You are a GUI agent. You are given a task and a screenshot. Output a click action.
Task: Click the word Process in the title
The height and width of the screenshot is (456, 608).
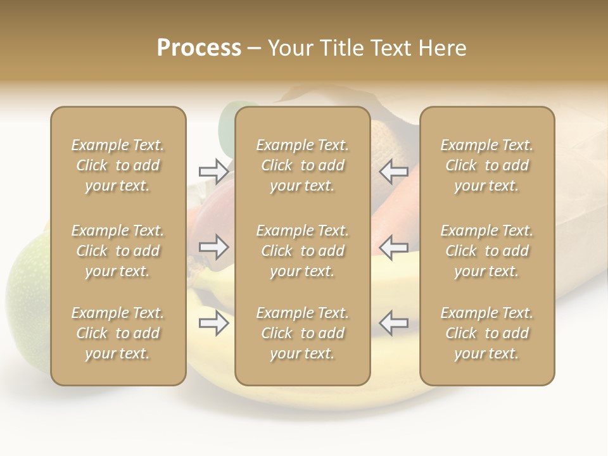199,48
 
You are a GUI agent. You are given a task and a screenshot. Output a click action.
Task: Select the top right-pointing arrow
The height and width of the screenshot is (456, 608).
214,171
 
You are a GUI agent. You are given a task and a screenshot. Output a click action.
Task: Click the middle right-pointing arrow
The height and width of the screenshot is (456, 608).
214,247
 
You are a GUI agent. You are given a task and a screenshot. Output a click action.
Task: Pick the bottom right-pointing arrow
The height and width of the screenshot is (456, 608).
214,324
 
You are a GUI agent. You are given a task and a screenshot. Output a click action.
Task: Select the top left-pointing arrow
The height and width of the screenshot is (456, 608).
394,171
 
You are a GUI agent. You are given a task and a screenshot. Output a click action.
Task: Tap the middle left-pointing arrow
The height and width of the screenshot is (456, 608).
394,247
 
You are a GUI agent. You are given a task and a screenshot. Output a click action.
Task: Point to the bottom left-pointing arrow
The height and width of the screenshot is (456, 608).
394,324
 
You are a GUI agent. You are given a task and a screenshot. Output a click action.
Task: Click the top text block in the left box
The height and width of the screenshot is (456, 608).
118,165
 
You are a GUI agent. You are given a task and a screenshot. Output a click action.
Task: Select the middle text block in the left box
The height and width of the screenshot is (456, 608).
118,251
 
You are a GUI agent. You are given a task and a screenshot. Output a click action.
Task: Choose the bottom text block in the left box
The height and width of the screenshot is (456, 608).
118,333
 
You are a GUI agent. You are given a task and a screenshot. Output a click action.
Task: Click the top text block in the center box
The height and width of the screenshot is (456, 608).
303,165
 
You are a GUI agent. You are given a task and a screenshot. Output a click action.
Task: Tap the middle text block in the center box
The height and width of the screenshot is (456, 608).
303,251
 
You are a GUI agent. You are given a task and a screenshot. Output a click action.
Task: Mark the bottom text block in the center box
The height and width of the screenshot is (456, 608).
303,333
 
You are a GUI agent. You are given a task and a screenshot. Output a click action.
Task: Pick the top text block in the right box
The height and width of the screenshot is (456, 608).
487,165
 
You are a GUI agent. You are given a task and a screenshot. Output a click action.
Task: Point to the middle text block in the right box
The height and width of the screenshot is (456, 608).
487,251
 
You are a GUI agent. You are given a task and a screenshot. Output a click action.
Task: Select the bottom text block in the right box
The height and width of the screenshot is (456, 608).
487,333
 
